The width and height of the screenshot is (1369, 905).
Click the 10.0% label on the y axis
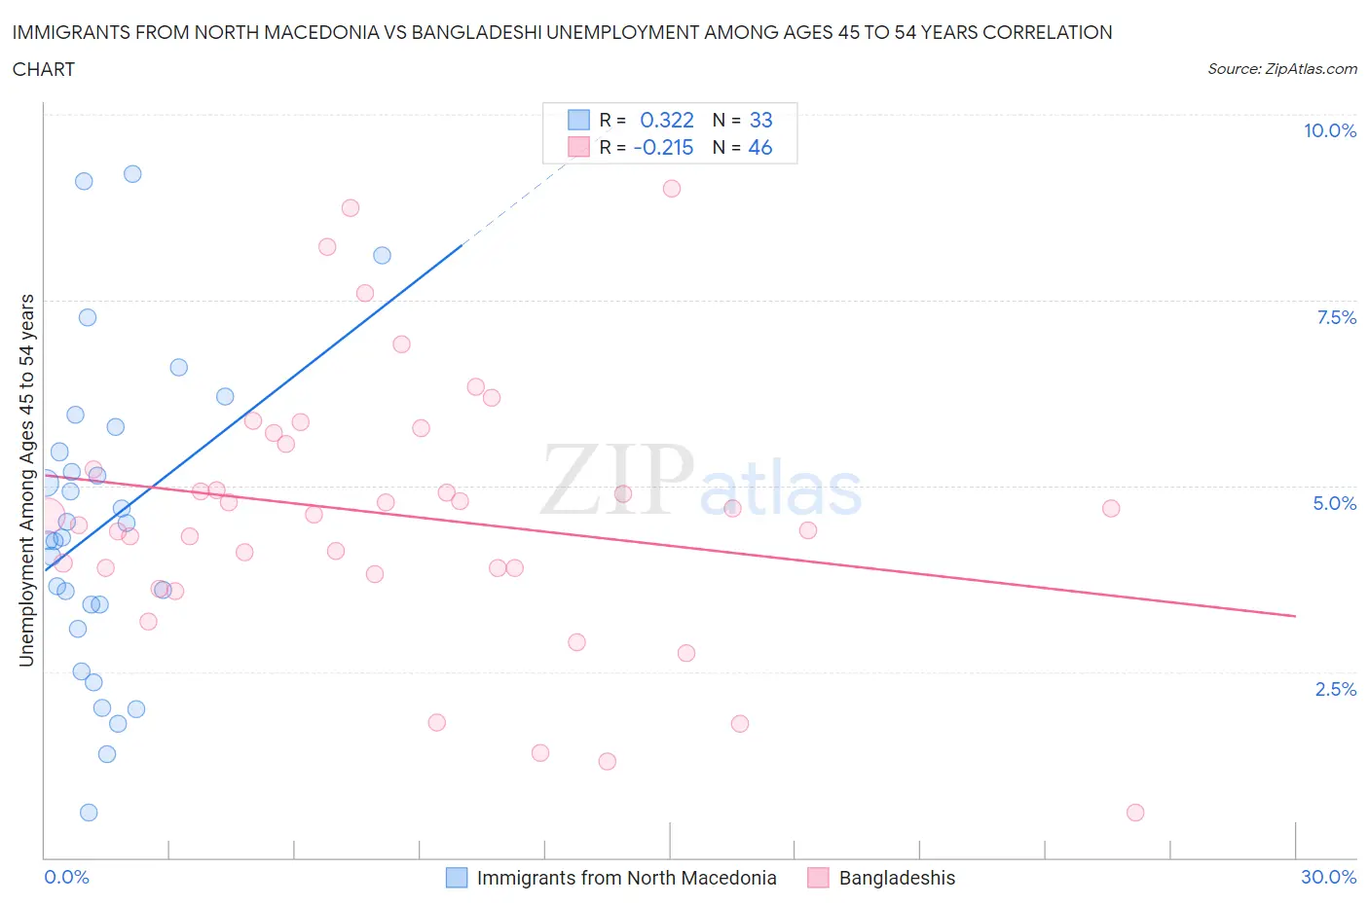pyautogui.click(x=1329, y=130)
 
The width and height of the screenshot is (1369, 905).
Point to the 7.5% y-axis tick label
pyautogui.click(x=1336, y=317)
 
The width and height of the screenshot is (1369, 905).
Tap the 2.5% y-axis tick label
pyautogui.click(x=1336, y=689)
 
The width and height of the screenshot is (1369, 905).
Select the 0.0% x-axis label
pyautogui.click(x=66, y=877)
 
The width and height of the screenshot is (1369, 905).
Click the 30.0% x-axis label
pyautogui.click(x=1328, y=877)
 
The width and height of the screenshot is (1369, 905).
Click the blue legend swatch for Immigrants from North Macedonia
pyautogui.click(x=457, y=878)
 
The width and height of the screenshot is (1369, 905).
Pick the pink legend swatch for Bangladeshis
pyautogui.click(x=818, y=878)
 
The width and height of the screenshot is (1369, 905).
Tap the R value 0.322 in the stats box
pyautogui.click(x=666, y=120)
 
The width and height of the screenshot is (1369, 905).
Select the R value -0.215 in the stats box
pyautogui.click(x=663, y=147)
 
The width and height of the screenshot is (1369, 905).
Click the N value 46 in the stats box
pyautogui.click(x=760, y=147)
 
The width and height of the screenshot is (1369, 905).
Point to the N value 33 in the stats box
pyautogui.click(x=760, y=120)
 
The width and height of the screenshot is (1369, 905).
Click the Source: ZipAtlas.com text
pyautogui.click(x=1281, y=68)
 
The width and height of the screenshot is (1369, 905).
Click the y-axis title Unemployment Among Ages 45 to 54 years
pyautogui.click(x=26, y=480)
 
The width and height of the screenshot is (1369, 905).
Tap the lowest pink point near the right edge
pyautogui.click(x=1134, y=813)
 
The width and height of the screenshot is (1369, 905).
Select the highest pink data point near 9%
pyautogui.click(x=671, y=189)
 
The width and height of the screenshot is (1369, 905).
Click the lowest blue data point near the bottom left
pyautogui.click(x=89, y=813)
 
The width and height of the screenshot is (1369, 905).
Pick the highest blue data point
pyautogui.click(x=132, y=174)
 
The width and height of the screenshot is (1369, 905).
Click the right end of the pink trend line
pyautogui.click(x=1295, y=616)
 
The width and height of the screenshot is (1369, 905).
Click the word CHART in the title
pyautogui.click(x=44, y=69)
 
